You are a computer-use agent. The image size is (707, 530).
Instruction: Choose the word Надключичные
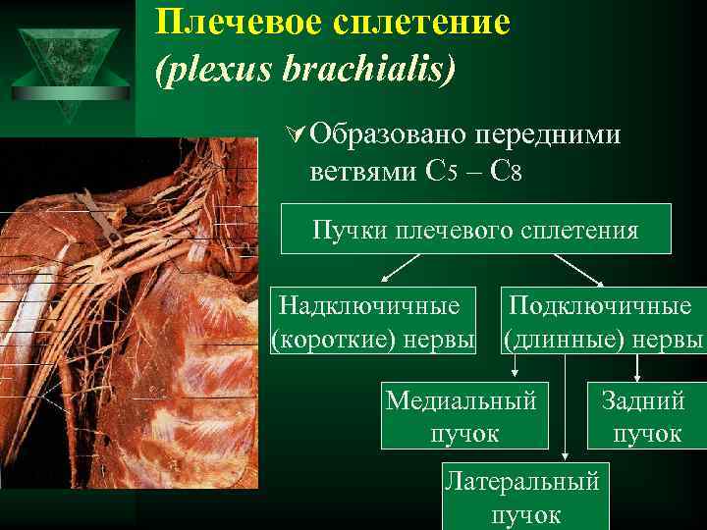coord(369,305)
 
